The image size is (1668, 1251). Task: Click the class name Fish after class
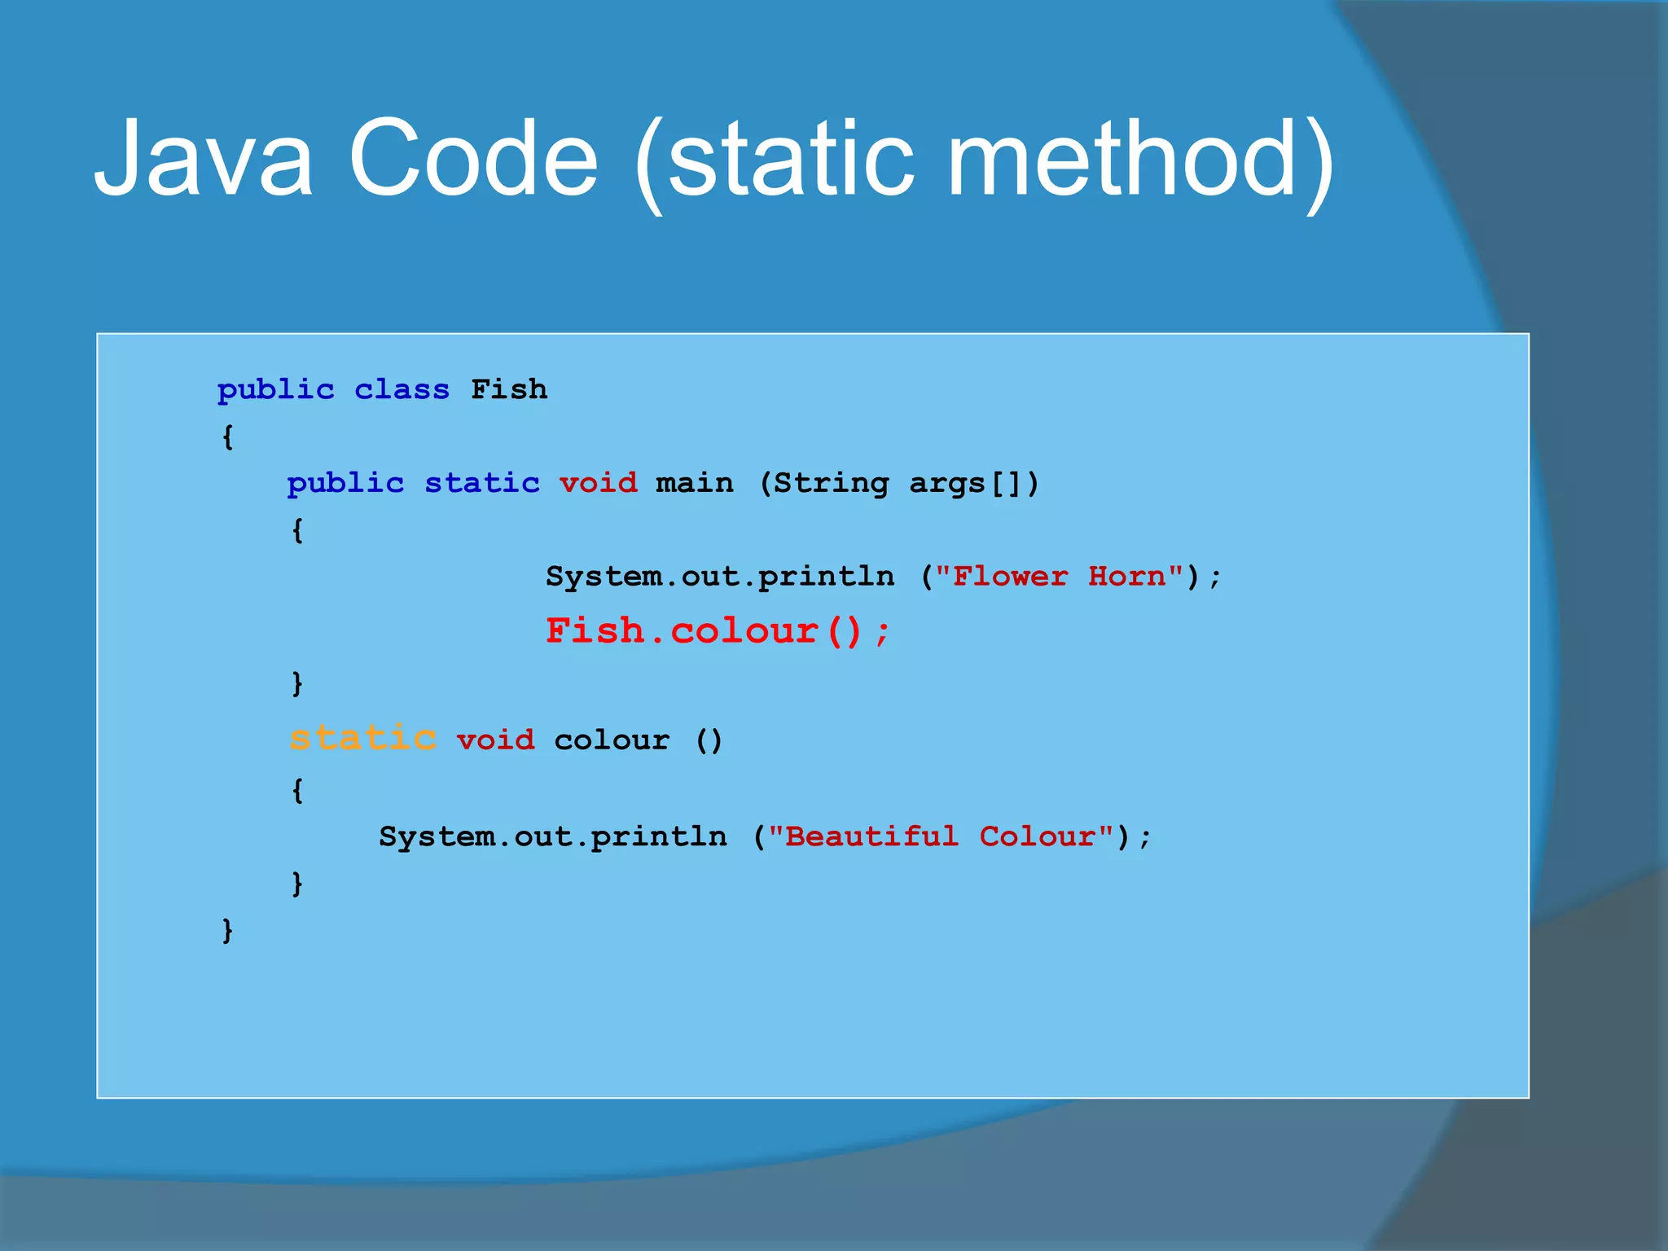click(509, 389)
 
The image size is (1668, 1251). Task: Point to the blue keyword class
click(402, 390)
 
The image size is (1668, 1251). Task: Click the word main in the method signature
click(694, 483)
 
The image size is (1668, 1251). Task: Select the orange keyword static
click(363, 738)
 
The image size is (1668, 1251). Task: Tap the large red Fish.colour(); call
click(718, 631)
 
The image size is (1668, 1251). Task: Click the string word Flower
click(1010, 577)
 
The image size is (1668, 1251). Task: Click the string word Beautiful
click(871, 836)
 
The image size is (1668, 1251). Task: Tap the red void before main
click(599, 483)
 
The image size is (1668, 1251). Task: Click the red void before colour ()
click(495, 740)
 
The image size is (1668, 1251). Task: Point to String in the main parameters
click(831, 484)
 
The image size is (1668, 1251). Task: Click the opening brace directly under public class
click(228, 437)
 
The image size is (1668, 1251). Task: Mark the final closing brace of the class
click(228, 929)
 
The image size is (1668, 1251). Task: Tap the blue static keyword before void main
click(482, 483)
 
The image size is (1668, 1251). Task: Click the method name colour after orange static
click(612, 740)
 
